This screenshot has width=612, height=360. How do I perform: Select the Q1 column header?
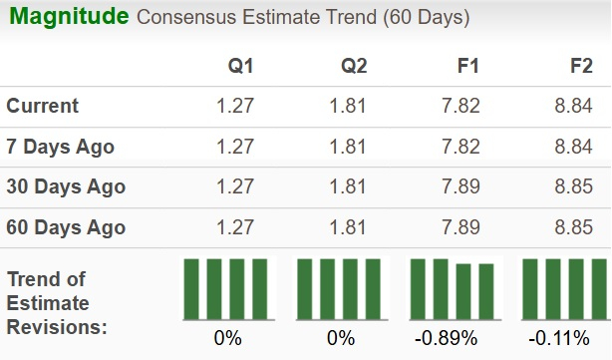pyautogui.click(x=241, y=66)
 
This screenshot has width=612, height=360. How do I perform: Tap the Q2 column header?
pyautogui.click(x=355, y=66)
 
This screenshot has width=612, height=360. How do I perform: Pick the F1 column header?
pyautogui.click(x=467, y=66)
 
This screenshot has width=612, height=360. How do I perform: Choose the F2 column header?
pyautogui.click(x=580, y=66)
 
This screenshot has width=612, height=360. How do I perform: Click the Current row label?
pyautogui.click(x=43, y=106)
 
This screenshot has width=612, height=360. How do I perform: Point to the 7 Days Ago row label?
pyautogui.click(x=60, y=147)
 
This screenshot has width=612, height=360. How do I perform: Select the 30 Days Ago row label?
pyautogui.click(x=65, y=186)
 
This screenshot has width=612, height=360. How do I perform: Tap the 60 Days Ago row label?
pyautogui.click(x=65, y=227)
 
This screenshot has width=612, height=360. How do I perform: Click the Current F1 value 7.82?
pyautogui.click(x=461, y=106)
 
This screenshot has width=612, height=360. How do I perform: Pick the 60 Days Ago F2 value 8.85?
pyautogui.click(x=574, y=227)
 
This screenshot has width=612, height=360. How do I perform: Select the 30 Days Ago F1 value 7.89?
pyautogui.click(x=461, y=186)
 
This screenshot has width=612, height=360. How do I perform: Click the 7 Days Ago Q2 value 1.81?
pyautogui.click(x=349, y=147)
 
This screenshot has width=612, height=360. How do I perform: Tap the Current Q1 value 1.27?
pyautogui.click(x=235, y=106)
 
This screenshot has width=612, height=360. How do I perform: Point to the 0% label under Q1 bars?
pyautogui.click(x=227, y=338)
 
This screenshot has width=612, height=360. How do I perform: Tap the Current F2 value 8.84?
pyautogui.click(x=574, y=106)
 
